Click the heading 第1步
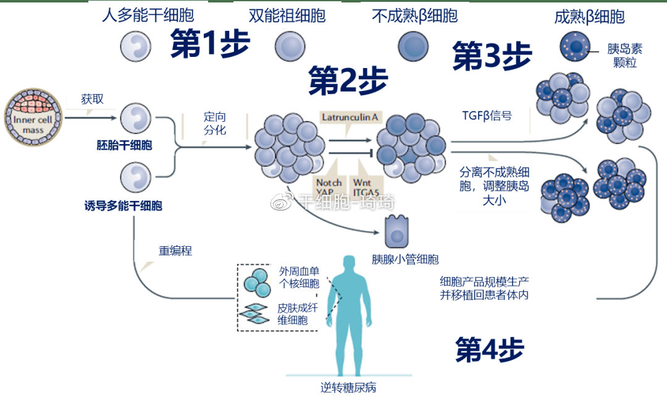click(210, 45)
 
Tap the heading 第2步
click(348, 80)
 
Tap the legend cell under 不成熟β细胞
click(413, 45)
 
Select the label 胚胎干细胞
click(124, 146)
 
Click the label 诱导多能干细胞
click(123, 206)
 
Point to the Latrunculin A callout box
click(350, 116)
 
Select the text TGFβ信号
click(487, 115)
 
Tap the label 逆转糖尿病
click(348, 388)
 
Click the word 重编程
click(175, 251)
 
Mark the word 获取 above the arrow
click(92, 99)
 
